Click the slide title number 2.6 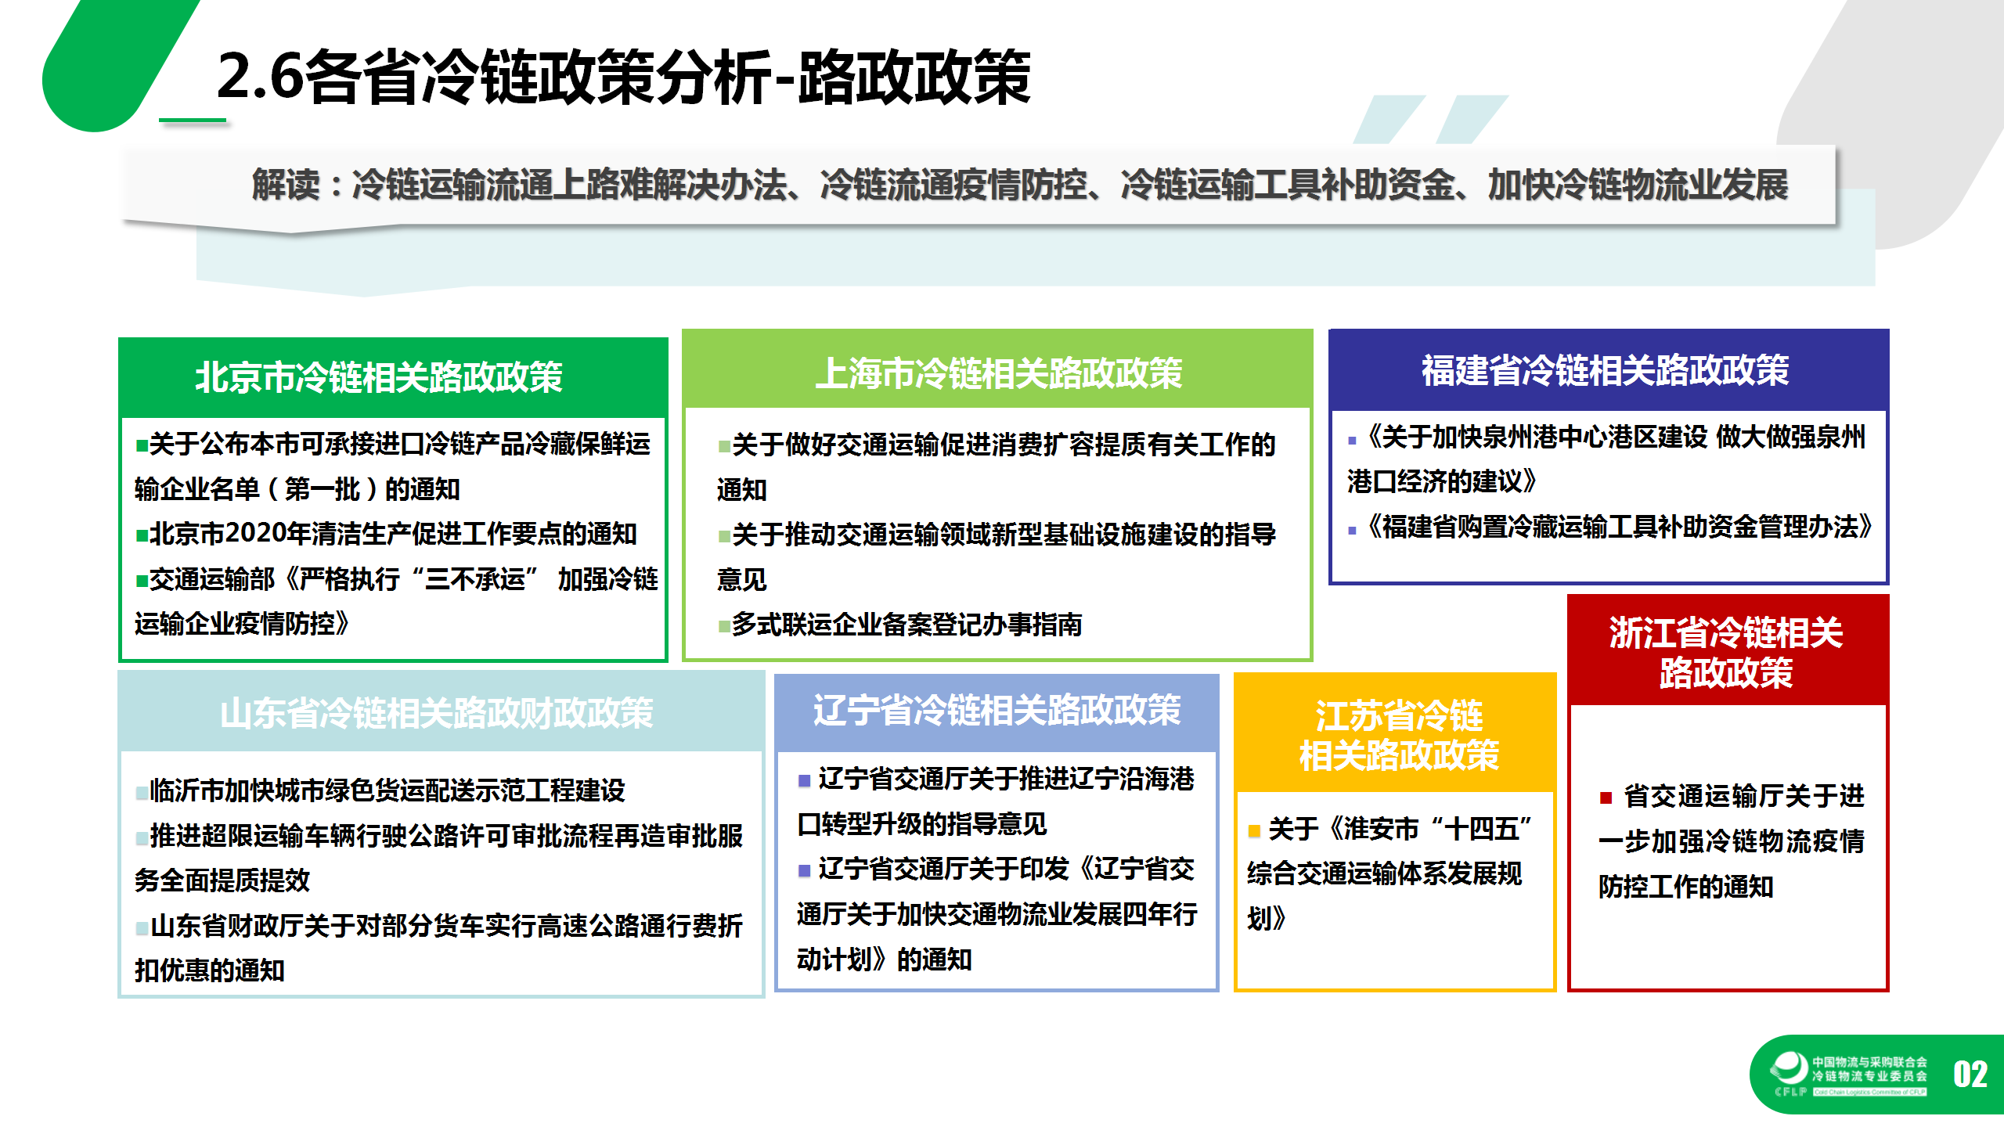(259, 77)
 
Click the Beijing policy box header (379, 376)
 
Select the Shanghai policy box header (998, 373)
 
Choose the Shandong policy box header (436, 713)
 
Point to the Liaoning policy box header (997, 711)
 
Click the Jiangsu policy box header (1398, 735)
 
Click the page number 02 (1970, 1075)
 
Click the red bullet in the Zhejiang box (1606, 798)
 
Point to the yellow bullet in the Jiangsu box (1254, 830)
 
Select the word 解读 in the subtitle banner (286, 185)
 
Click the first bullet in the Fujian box (1352, 441)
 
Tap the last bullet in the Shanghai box (724, 626)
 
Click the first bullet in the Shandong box (142, 792)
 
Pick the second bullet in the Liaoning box (804, 870)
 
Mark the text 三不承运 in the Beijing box (474, 579)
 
